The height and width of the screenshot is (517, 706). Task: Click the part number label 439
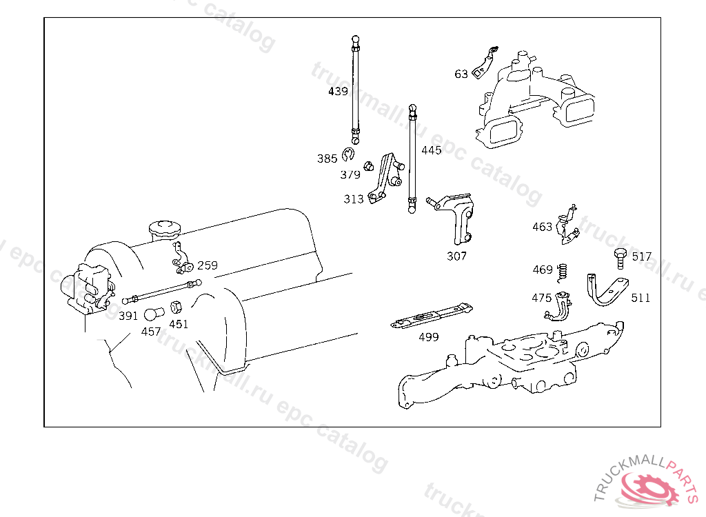pos(338,91)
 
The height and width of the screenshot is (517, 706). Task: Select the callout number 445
pos(431,150)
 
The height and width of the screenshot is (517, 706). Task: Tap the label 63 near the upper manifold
pos(461,74)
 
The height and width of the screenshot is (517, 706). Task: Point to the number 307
pos(456,256)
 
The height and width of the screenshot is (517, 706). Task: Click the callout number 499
pos(429,337)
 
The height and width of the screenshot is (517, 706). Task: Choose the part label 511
pos(641,298)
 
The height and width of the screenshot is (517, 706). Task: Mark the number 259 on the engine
pos(207,265)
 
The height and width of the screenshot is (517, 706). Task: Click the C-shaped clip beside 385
pos(348,155)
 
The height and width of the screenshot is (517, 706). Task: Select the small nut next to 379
pos(369,165)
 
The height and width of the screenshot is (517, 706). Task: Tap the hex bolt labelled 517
pos(618,258)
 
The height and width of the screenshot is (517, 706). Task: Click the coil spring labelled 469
pos(562,272)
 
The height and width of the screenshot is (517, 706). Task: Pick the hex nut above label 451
pos(175,307)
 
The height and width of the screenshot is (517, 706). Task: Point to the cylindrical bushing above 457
pos(152,315)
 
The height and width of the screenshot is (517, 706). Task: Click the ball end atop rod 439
pos(355,39)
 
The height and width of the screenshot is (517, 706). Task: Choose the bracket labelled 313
pos(383,180)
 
